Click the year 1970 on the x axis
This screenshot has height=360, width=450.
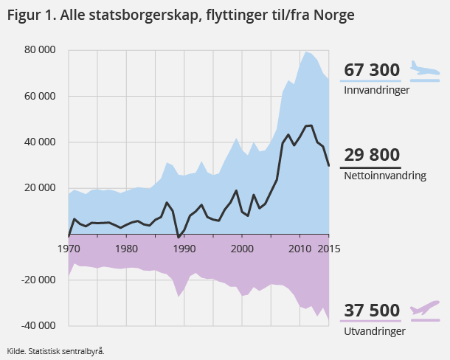coord(69,248)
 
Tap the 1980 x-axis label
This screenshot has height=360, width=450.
coord(126,248)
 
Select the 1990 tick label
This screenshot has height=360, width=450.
coord(184,248)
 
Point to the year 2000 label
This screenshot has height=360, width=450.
coord(241,248)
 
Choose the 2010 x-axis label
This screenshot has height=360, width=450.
coord(299,248)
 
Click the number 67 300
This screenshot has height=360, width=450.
coord(372,71)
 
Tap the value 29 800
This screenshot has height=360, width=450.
coord(372,155)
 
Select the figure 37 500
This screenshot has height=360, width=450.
coord(372,311)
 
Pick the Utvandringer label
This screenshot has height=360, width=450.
coord(375,331)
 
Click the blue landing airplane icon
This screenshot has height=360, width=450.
coord(423,71)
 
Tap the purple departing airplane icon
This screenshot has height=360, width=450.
coord(424,308)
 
